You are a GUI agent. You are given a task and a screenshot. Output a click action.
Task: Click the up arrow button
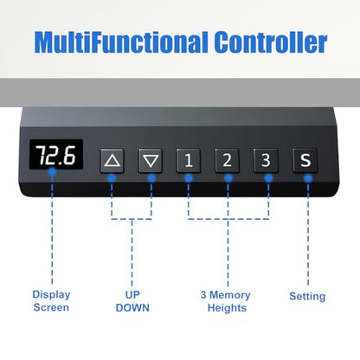click(x=112, y=161)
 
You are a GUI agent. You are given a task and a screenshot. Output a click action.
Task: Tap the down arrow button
click(x=151, y=161)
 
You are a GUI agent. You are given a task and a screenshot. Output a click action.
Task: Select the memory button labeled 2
click(x=227, y=161)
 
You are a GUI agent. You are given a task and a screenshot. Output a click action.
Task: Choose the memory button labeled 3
click(x=266, y=161)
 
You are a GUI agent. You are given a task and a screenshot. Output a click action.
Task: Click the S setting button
click(x=305, y=161)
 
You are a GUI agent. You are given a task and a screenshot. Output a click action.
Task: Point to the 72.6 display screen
click(x=56, y=155)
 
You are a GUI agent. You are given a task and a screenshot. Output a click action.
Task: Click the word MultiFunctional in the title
click(x=121, y=42)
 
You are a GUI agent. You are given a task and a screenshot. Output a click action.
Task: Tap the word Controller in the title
click(x=271, y=42)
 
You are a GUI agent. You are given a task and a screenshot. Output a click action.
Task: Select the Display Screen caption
click(x=51, y=301)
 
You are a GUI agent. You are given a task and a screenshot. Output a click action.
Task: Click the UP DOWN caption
click(x=132, y=301)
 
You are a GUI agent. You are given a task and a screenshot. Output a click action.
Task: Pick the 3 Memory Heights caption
click(x=226, y=301)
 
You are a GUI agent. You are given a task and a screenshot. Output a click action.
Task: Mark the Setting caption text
click(x=307, y=296)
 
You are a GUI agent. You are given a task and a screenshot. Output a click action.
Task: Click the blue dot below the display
click(x=52, y=172)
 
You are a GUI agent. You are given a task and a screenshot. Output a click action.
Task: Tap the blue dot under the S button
click(x=308, y=178)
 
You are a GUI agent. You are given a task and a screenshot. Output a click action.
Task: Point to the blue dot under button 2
click(x=228, y=178)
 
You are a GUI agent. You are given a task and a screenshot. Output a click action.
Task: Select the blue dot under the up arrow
click(x=112, y=178)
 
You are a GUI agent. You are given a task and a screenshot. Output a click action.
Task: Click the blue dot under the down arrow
click(x=151, y=178)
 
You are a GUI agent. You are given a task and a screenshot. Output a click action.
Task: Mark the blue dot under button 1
click(x=189, y=178)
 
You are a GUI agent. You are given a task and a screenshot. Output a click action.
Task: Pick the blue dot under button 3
click(x=268, y=178)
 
